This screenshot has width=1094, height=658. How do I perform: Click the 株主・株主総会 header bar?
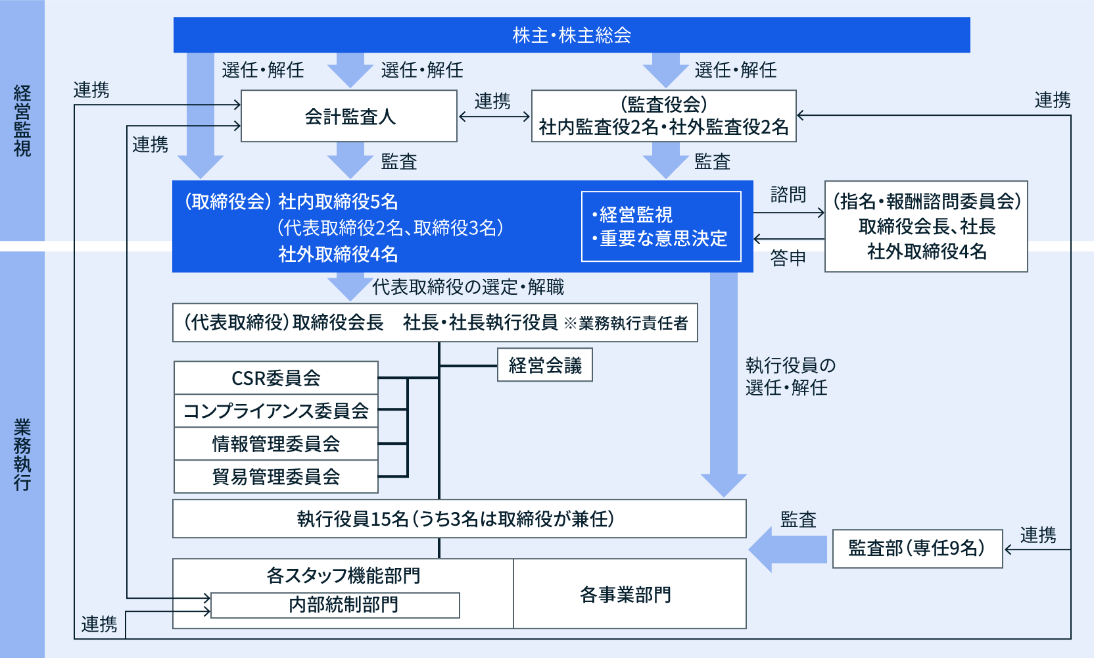click(571, 35)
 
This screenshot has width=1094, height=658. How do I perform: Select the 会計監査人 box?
click(349, 116)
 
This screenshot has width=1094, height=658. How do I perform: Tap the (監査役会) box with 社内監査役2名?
click(663, 116)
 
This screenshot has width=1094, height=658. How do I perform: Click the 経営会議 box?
click(544, 365)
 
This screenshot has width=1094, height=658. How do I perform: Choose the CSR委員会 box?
click(275, 378)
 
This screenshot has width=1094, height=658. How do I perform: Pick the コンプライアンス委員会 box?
click(275, 411)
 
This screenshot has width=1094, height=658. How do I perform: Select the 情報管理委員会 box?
click(275, 443)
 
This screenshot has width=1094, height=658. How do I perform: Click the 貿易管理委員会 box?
click(275, 476)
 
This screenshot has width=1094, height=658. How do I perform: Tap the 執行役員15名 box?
click(459, 519)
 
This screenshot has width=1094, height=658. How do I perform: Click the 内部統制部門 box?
click(335, 605)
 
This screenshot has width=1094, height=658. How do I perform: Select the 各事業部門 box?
click(629, 594)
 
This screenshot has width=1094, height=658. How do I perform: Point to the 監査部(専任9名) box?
click(916, 548)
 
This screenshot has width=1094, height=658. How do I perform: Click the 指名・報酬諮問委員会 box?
click(926, 226)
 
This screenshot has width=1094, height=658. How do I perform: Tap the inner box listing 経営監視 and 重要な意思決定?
click(661, 226)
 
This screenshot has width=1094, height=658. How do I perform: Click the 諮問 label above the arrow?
click(788, 195)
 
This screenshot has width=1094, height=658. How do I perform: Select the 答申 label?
click(788, 259)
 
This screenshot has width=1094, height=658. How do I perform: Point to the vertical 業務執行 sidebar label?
click(22, 454)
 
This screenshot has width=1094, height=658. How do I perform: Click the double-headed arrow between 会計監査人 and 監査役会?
click(494, 116)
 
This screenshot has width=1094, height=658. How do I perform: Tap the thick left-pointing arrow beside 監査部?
click(788, 549)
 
